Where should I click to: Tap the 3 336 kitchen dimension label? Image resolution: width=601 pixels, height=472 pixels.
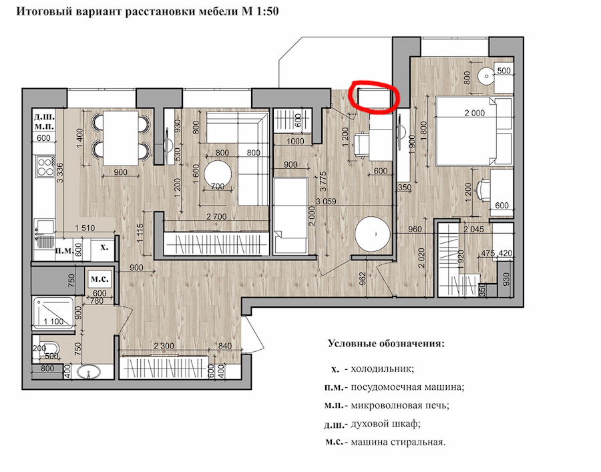click(x=60, y=172)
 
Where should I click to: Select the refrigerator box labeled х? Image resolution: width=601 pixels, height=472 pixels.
click(x=104, y=248)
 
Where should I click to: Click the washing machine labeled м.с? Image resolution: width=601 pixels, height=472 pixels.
click(x=99, y=279)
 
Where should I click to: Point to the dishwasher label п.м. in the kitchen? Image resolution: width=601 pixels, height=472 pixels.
click(x=64, y=251)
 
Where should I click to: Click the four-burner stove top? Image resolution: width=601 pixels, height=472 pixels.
click(x=45, y=167)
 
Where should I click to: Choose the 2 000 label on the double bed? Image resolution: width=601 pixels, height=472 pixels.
click(x=475, y=113)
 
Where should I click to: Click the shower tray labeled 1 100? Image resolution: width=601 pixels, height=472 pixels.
click(x=53, y=313)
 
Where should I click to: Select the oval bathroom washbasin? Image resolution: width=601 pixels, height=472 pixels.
click(x=89, y=372)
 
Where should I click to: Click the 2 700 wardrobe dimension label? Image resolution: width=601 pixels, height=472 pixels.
click(x=216, y=217)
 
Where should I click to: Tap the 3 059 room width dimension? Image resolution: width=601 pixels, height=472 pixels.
click(x=326, y=201)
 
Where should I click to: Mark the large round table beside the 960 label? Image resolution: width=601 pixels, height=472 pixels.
click(x=373, y=234)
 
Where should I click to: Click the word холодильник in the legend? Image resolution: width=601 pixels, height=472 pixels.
click(x=382, y=369)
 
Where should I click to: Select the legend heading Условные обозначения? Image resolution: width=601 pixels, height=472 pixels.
click(x=387, y=343)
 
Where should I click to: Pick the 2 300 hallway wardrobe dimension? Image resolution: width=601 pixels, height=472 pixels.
click(x=164, y=346)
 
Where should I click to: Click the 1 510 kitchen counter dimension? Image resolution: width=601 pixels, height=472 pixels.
click(x=85, y=228)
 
